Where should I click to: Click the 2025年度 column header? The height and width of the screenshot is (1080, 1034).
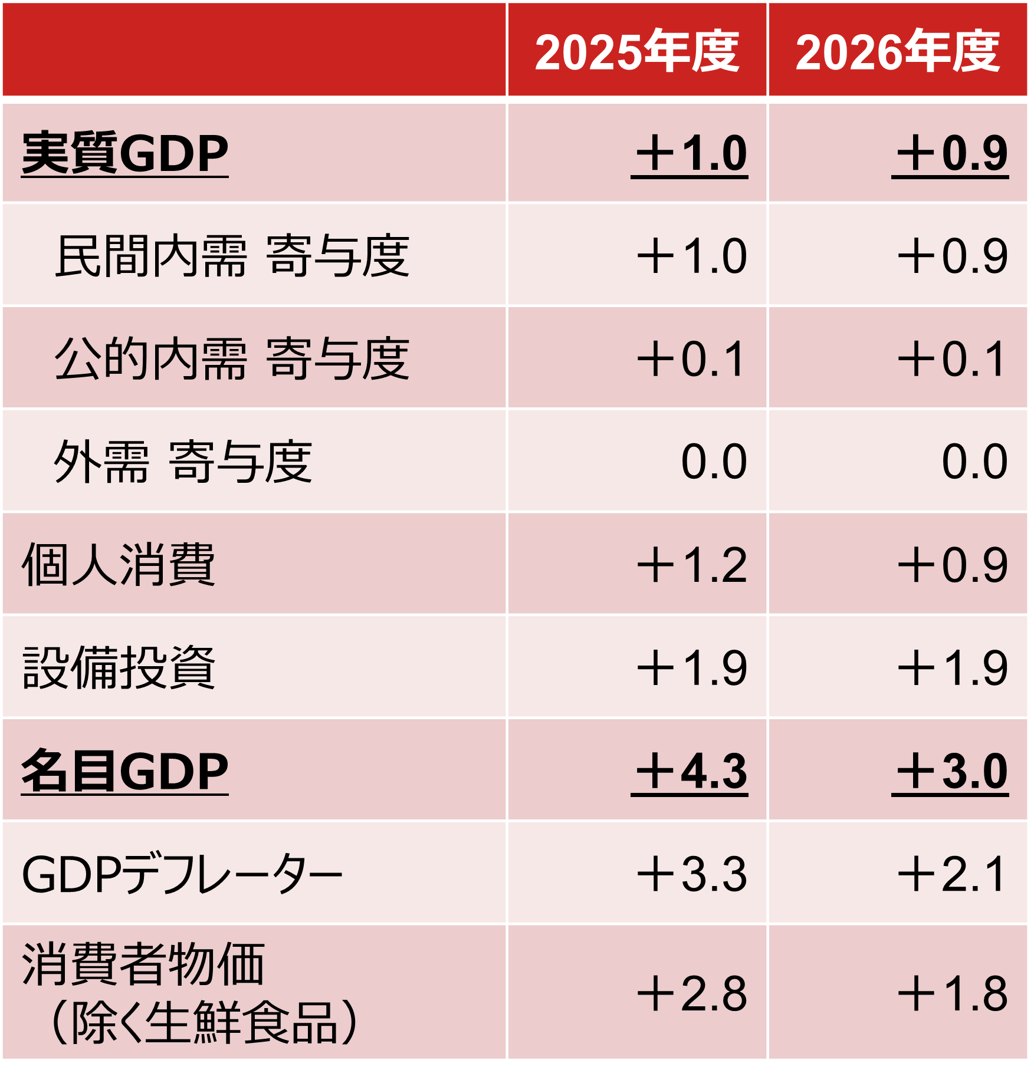[x=636, y=52]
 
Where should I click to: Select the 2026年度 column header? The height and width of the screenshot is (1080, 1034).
[x=897, y=52]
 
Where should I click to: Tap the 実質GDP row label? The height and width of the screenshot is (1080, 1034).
[x=124, y=153]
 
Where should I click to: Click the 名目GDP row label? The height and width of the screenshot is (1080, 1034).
[x=124, y=771]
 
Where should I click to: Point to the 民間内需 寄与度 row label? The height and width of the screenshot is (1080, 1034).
[x=232, y=256]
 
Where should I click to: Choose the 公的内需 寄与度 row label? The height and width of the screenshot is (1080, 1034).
[x=232, y=358]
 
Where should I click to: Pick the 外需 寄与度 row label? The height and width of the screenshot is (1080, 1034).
[x=183, y=462]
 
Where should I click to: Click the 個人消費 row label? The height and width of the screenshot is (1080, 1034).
[x=118, y=565]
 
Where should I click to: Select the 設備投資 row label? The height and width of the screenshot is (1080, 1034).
[x=118, y=668]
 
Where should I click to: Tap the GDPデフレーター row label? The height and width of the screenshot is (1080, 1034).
[x=182, y=874]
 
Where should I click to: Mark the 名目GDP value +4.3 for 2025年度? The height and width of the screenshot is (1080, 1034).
[x=691, y=771]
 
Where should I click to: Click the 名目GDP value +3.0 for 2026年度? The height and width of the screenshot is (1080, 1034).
[x=951, y=771]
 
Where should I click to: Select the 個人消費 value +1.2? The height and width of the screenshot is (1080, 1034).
[x=691, y=565]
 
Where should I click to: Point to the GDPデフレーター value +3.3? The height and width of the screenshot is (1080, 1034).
[x=691, y=874]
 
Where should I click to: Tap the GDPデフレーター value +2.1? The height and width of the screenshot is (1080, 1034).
[x=951, y=874]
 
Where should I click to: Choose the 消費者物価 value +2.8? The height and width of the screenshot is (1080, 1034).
[x=691, y=994]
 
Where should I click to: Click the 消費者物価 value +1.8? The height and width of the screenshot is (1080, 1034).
[x=951, y=994]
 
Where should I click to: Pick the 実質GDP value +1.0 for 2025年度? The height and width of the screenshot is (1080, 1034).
[x=691, y=153]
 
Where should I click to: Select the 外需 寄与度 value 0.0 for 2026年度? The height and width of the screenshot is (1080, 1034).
[x=974, y=462]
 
